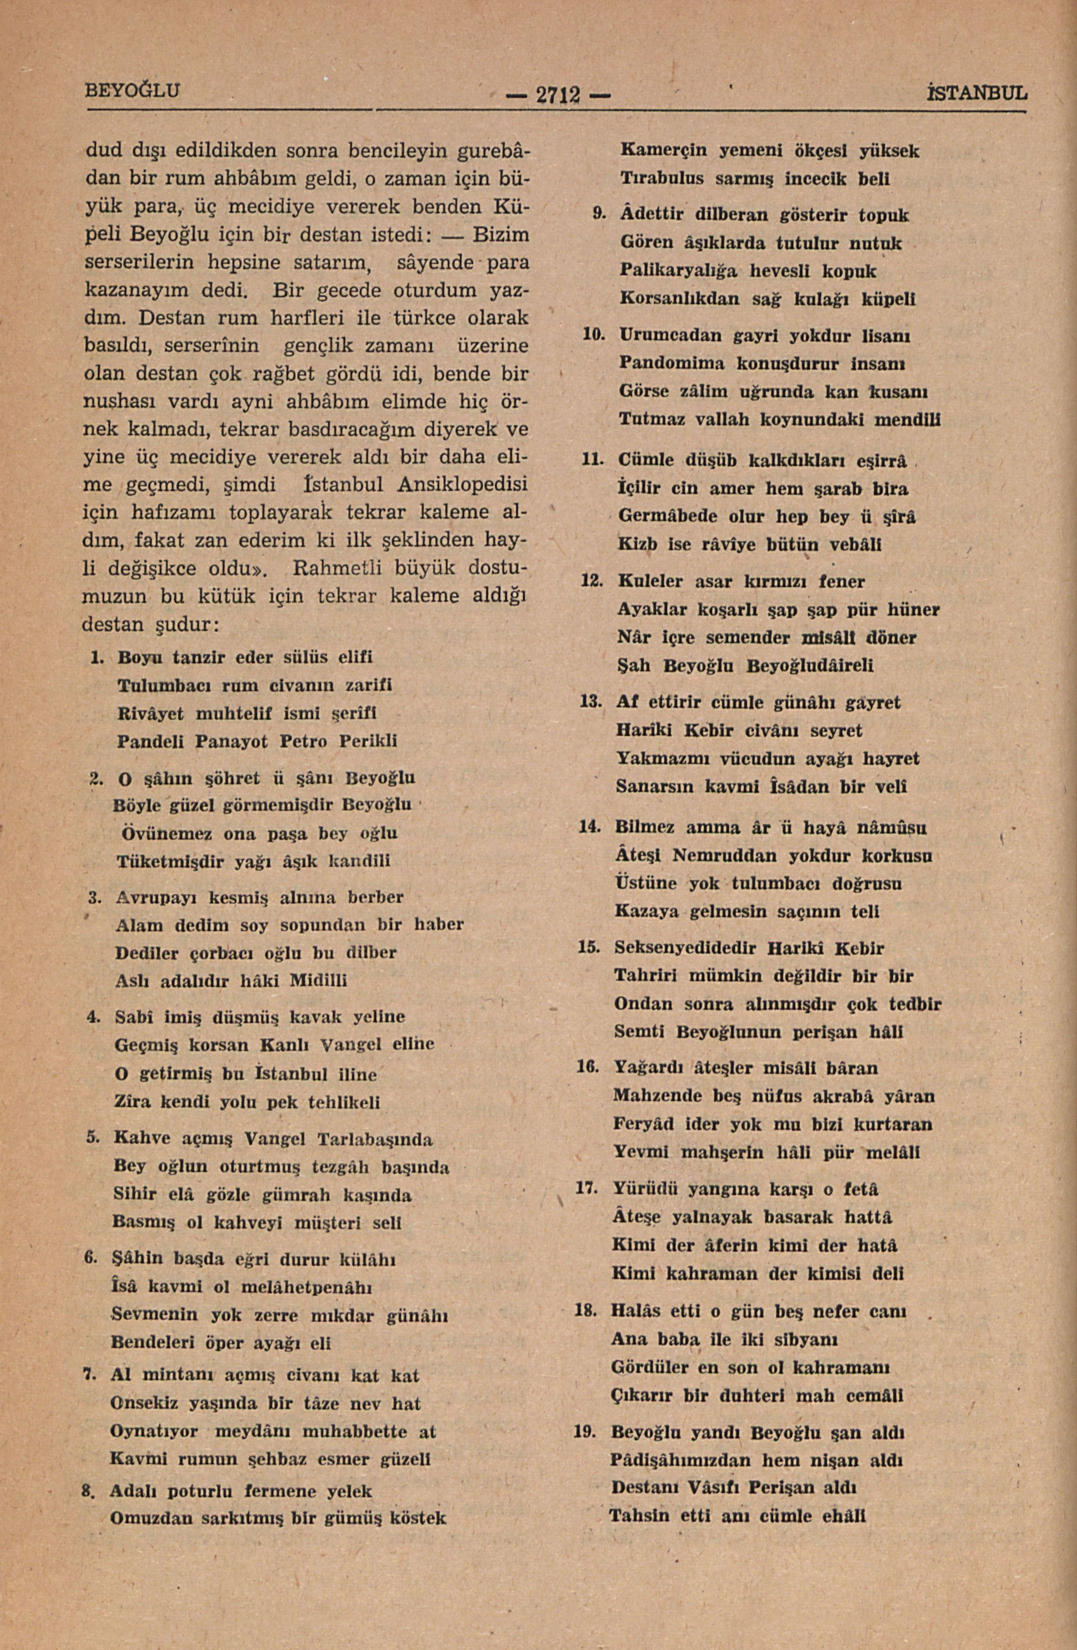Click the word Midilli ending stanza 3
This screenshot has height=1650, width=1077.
point(318,981)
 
